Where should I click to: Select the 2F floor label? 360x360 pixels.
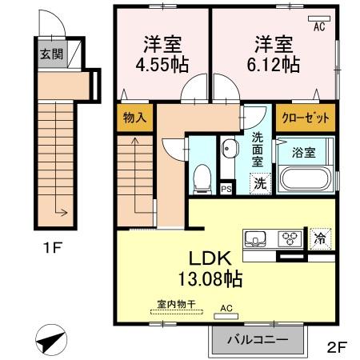click(x=337, y=347)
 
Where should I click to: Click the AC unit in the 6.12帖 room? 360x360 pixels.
click(x=318, y=19)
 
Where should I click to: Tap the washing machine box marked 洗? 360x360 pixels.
click(x=260, y=182)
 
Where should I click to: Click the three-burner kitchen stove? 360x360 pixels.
click(x=289, y=237)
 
